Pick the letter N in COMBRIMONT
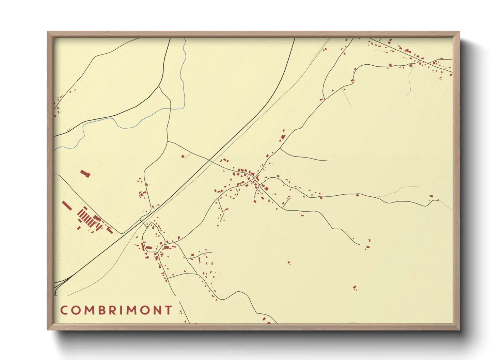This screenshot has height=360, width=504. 158,310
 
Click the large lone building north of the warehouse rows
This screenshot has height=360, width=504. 85,174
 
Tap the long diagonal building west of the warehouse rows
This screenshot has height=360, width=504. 67,205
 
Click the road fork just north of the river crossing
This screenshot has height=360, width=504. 159,86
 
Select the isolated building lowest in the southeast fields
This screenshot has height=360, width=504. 355,288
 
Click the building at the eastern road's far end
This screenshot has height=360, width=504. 431,196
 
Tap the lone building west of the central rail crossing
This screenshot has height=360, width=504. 183,156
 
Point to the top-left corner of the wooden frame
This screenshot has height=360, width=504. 47,32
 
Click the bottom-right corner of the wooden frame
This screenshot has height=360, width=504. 459,330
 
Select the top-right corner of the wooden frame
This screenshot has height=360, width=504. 459,32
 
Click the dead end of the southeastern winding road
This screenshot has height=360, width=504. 360,244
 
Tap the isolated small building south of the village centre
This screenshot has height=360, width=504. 289,262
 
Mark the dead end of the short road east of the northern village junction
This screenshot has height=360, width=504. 327,160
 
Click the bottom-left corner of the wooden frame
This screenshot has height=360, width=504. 47,330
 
